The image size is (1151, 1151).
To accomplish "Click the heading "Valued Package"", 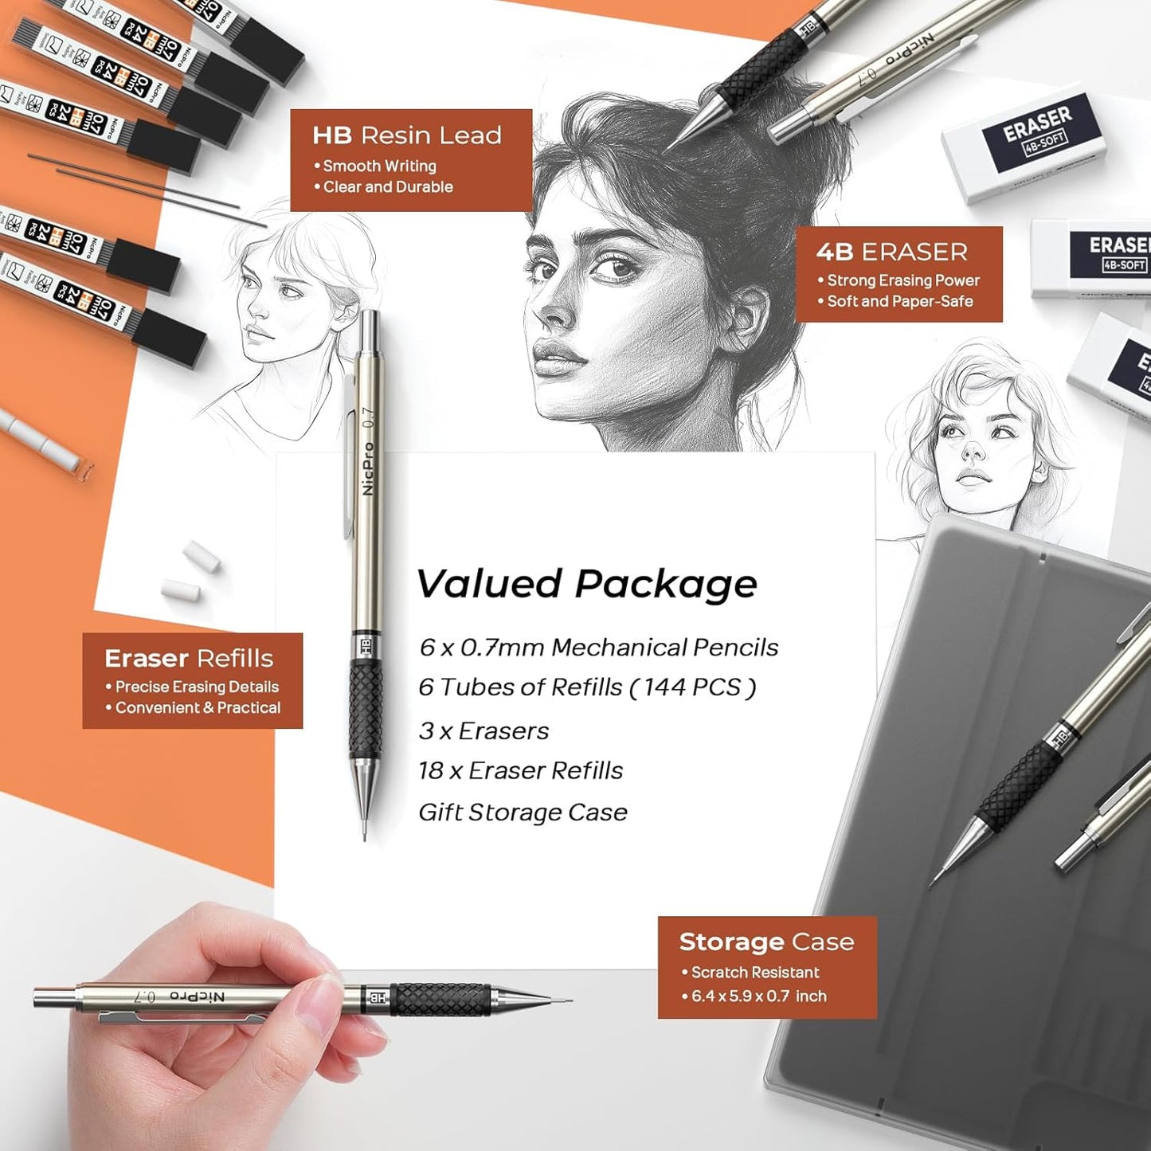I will click(x=586, y=584).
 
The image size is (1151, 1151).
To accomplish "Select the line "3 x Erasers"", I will click(x=483, y=730).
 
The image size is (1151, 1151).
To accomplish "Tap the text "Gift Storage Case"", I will click(x=523, y=812).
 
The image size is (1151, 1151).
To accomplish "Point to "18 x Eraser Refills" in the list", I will click(x=520, y=770).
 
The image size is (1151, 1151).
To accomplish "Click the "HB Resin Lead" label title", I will click(x=406, y=135).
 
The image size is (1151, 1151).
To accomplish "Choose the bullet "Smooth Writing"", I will click(x=379, y=166).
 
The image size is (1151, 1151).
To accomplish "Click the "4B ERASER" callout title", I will click(x=891, y=252).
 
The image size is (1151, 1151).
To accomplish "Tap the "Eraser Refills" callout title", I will click(x=189, y=658).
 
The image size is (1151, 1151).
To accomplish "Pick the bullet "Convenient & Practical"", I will click(x=198, y=707).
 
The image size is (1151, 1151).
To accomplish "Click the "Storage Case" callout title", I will click(x=766, y=942).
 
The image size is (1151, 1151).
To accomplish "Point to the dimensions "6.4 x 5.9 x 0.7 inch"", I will click(x=758, y=996).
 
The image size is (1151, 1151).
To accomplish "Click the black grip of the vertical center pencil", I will click(x=366, y=709).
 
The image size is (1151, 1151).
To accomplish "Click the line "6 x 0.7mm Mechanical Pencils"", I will click(x=598, y=648).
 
